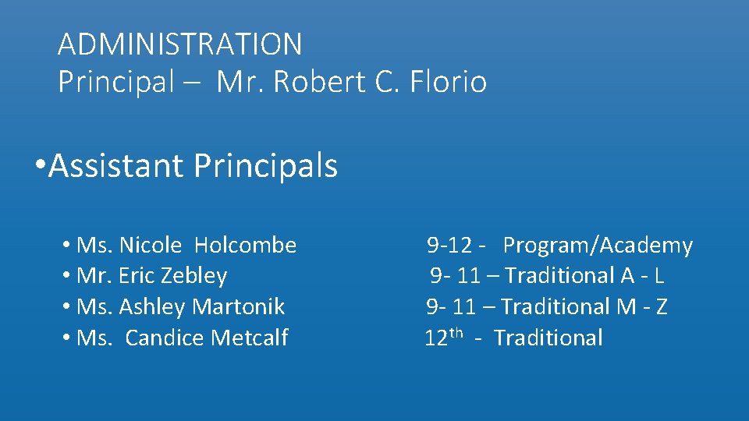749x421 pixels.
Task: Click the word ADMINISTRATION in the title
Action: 179,44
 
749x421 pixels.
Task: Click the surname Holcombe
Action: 245,246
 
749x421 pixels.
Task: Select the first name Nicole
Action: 151,246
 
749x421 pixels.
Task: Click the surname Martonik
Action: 238,307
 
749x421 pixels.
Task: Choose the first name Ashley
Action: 152,307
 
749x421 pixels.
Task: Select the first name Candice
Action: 161,338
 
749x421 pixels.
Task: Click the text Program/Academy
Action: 598,246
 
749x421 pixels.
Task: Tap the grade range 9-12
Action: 449,246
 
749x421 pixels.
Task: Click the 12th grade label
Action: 444,338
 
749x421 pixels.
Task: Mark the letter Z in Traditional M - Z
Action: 661,307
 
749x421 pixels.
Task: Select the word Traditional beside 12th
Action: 548,338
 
